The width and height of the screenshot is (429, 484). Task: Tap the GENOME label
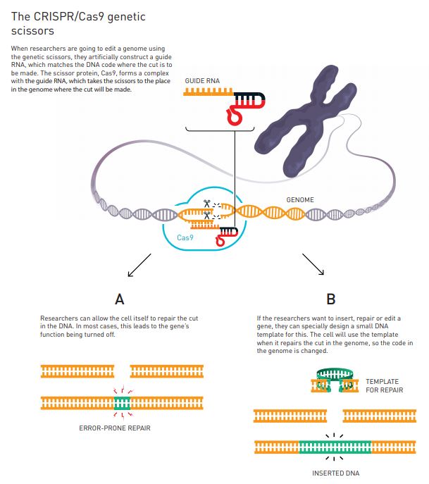(300, 200)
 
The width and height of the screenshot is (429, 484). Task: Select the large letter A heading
(119, 299)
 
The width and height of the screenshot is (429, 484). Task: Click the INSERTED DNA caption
(335, 473)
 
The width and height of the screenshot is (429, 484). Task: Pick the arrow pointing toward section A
(139, 266)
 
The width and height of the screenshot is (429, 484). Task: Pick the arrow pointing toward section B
(313, 266)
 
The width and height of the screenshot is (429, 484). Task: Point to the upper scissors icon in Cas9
(207, 204)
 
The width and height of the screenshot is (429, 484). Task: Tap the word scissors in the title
(32, 32)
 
